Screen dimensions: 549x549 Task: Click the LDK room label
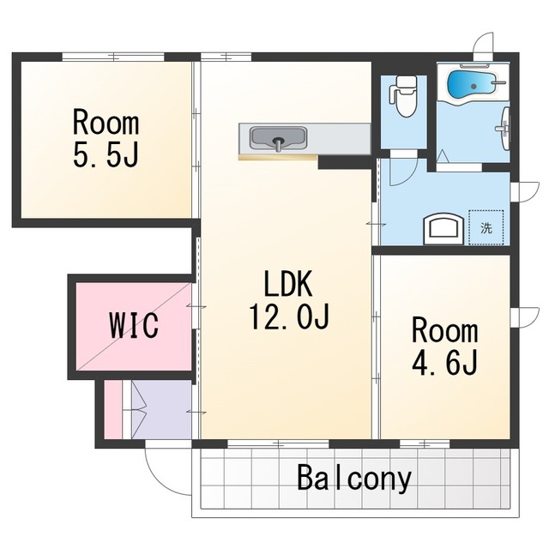pos(288,284)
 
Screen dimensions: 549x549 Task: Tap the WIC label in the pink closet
pos(135,325)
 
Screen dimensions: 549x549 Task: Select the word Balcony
pos(354,479)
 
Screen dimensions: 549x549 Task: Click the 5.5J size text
pos(106,154)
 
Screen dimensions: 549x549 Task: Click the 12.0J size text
pos(289,317)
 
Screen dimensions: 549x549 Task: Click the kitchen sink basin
pos(278,137)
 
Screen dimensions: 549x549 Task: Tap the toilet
pos(403,96)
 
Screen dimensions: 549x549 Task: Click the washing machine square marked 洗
pos(486,227)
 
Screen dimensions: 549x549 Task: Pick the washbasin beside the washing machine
pos(443,229)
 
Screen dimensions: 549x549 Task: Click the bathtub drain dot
pos(474,86)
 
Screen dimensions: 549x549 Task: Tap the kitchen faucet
pos(278,145)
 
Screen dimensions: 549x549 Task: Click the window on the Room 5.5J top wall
pos(113,57)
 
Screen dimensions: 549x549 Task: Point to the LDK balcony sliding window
pos(278,444)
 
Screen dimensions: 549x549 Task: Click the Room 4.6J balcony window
pos(425,444)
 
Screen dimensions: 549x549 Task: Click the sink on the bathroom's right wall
pos(504,129)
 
